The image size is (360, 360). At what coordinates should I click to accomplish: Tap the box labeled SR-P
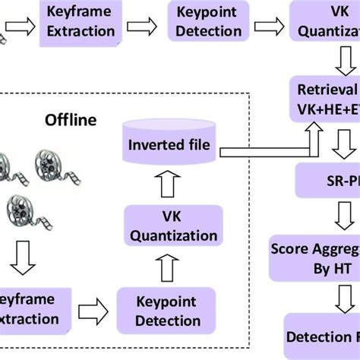[327, 182]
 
